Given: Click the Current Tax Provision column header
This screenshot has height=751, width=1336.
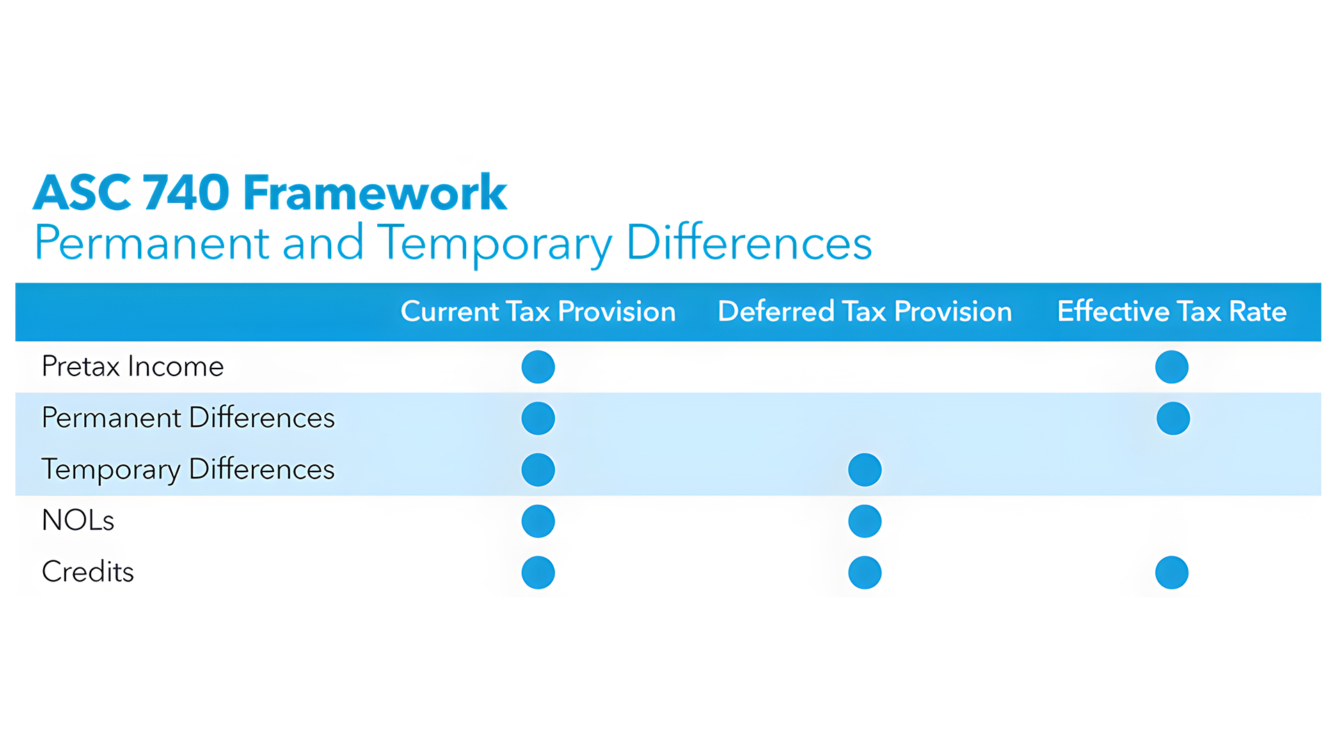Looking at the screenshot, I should (x=538, y=312).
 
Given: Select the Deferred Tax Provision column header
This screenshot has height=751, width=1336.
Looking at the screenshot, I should (x=864, y=312).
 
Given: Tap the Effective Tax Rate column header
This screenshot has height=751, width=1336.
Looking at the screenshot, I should (x=1172, y=312).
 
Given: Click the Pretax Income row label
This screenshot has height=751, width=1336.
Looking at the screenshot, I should (x=133, y=366).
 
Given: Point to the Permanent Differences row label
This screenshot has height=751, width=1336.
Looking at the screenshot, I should (x=188, y=418).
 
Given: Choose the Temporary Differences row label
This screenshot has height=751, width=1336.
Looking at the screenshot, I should (x=188, y=469).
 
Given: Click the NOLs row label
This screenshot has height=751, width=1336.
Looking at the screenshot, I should (x=78, y=520).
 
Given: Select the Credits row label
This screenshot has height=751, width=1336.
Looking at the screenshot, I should (x=88, y=572).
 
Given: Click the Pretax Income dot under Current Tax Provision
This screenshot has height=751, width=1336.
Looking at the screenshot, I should (x=538, y=367).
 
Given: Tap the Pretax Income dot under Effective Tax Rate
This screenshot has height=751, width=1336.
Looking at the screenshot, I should (x=1172, y=367).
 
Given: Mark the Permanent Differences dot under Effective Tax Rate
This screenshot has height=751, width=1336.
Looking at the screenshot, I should (x=1173, y=419).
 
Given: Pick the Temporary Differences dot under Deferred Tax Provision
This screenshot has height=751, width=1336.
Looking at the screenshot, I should (x=865, y=470).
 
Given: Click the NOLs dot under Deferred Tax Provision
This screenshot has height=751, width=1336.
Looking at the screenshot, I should (x=865, y=522).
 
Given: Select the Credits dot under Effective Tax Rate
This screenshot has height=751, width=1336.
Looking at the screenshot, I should (x=1172, y=573).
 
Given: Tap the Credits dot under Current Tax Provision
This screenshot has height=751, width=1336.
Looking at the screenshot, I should (x=538, y=573).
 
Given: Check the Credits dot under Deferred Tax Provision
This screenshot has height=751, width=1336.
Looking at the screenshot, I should (x=865, y=573).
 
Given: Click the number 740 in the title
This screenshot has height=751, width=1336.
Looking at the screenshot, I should (x=186, y=193).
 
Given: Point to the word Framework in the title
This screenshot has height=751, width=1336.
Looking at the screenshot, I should (x=375, y=193).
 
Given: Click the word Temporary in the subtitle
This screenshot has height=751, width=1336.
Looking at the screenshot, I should (x=495, y=243).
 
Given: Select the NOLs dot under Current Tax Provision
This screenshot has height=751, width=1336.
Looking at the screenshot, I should (x=538, y=522).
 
